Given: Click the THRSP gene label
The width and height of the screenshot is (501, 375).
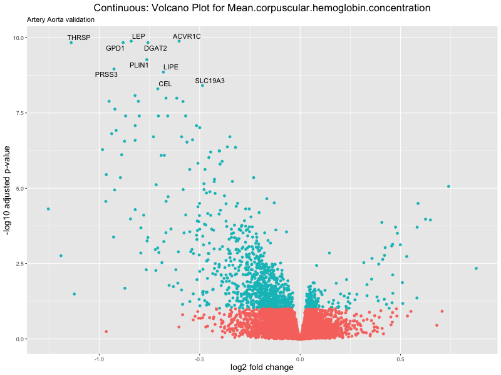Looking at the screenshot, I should (79, 37).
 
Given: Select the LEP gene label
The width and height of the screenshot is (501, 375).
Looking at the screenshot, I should (138, 36).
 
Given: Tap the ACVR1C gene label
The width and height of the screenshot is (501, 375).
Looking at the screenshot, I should (187, 36).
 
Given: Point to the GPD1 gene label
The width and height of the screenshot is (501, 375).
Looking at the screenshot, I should (115, 48).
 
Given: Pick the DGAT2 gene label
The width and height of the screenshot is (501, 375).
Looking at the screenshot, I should (155, 48).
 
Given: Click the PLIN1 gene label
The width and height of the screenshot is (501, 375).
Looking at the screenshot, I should (139, 65).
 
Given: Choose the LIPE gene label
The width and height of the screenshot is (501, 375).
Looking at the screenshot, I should (171, 67).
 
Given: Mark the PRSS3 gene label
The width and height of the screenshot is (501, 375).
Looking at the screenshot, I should (106, 74).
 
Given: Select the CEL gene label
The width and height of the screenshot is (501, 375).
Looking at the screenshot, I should (165, 84).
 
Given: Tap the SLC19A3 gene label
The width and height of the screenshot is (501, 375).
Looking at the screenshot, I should (210, 81).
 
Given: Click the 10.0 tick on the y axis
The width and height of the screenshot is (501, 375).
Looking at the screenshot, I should (18, 38).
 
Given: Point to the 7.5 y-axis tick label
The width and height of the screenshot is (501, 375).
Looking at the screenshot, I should (19, 113).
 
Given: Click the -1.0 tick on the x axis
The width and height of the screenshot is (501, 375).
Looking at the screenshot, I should (99, 359).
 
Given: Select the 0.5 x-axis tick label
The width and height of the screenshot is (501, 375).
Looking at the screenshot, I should (400, 359).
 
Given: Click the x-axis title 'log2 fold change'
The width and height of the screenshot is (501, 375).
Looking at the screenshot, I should (262, 367).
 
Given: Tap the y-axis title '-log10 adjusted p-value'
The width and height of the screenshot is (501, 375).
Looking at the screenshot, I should (8, 190).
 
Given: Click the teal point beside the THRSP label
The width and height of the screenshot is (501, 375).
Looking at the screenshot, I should (71, 42).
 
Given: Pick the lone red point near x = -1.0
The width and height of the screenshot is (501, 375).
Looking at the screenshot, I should (106, 331).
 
